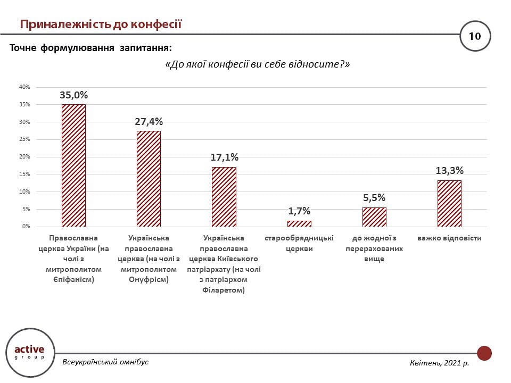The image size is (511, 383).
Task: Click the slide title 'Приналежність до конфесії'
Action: coord(101,24)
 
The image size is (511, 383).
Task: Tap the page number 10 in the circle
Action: coord(474,36)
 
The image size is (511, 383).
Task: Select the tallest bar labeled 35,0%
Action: coord(73,165)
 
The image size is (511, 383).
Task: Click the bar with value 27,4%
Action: coord(149,179)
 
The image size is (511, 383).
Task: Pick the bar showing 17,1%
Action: coord(224,197)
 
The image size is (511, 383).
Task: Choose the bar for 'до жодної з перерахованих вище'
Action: coord(374,217)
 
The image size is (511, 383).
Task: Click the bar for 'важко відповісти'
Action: coord(449,204)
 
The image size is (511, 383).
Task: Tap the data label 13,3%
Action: coord(449,171)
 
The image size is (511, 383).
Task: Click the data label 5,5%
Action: coord(374,198)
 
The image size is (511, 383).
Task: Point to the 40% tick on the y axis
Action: coord(24,87)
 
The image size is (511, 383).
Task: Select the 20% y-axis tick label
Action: coord(24,157)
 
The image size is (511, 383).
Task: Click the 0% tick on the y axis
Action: coord(26,227)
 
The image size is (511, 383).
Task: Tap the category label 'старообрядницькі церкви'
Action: coord(299,243)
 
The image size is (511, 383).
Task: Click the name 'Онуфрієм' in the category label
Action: coord(149,280)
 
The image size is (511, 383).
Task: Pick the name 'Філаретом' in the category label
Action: coord(224,291)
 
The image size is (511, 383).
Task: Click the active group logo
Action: coord(30,352)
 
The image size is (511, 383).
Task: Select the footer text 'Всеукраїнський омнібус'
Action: coord(105,362)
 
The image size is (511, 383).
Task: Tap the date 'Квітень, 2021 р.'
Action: coord(439,363)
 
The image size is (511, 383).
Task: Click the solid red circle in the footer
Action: coord(484,353)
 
